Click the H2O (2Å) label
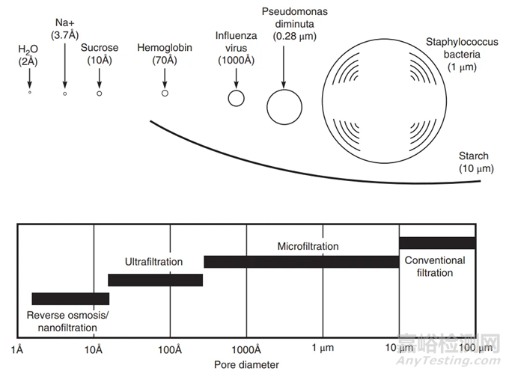coord(28,55)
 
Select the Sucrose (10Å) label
coord(99,54)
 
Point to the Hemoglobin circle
coord(165,93)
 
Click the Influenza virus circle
coord(236,98)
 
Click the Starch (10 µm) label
coord(473,162)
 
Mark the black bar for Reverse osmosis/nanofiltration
coord(70,298)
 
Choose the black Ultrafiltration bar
coord(156,280)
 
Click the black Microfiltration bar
coord(301,261)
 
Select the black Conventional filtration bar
coord(437,242)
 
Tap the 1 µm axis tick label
coord(322,349)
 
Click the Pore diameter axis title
coord(246,364)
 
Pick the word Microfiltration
coord(308,246)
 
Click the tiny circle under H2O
coord(29,93)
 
